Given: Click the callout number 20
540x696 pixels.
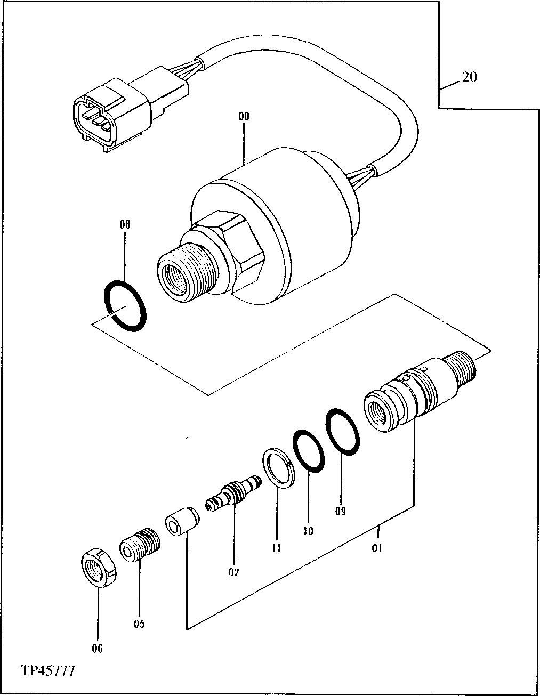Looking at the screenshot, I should pos(469,77).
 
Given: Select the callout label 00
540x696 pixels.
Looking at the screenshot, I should pos(244,116).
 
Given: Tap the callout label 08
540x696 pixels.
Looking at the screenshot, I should pos(125,224).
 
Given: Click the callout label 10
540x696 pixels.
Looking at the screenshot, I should pos(308,531).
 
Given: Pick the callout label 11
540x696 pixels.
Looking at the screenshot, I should pos(277,547).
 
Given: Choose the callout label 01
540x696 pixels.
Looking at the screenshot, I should pos(377,547).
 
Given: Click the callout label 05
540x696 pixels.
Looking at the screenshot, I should pos(139,624).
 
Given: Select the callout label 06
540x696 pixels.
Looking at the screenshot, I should pos(98,648).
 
